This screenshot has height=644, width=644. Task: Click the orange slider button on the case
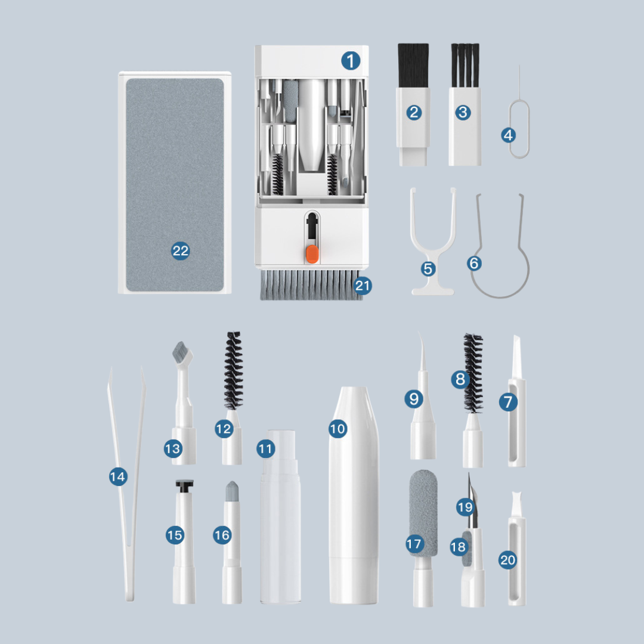point(312,254)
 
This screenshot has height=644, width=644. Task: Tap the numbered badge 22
point(180,250)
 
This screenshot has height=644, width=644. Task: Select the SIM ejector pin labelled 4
point(519,123)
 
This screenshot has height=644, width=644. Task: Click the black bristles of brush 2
point(413,66)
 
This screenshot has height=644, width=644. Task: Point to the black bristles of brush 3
point(465,65)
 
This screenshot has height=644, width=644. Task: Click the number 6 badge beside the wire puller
point(475,264)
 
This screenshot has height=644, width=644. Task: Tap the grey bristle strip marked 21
point(310,284)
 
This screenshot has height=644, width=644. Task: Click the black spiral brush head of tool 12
point(233,370)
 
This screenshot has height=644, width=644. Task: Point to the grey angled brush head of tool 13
point(181,353)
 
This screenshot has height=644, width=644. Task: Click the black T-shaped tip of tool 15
point(184,487)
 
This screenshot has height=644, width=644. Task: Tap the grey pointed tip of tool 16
point(232,491)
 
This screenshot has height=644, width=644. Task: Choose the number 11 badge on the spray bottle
point(266,448)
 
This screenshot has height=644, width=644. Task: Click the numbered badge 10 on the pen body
point(338,429)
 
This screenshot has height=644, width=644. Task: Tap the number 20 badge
point(507,560)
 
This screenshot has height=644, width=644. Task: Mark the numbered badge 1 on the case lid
point(351,61)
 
